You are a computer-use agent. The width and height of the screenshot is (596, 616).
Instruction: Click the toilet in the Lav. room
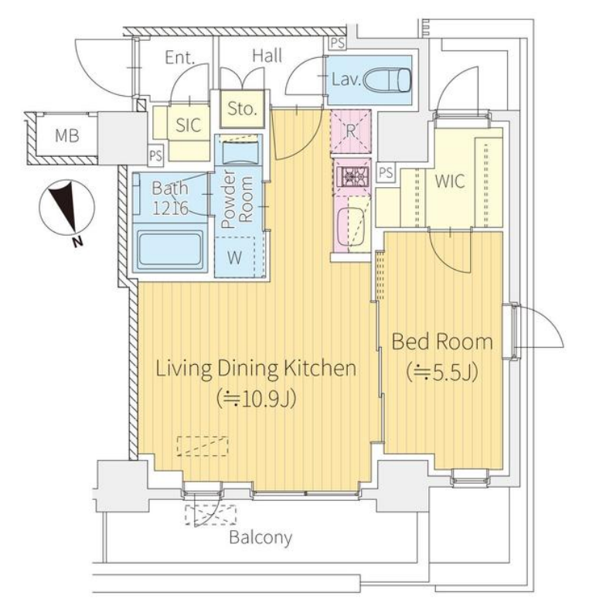coord(387,80)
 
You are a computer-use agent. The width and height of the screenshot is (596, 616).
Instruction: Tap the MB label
coord(66,135)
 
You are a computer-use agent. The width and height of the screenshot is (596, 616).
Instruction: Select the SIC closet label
coord(188,125)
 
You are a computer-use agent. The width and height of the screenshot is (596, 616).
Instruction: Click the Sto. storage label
coord(242,108)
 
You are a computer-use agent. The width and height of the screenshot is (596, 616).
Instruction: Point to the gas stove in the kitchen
coord(352,176)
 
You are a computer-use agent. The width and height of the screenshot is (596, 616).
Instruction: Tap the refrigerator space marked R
coord(351,131)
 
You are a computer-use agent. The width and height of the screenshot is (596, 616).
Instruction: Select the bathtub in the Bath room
coord(170,249)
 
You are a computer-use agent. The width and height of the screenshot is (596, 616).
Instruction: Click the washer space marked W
coord(234,257)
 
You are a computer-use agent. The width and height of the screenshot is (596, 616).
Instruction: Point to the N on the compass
coord(78,242)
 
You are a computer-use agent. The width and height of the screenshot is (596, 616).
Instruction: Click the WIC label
coord(450,181)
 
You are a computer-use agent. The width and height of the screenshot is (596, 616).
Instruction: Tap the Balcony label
coord(261,537)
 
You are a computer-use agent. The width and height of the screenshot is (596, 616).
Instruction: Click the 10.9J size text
coord(256,400)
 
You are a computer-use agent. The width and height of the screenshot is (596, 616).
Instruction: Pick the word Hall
coord(267,56)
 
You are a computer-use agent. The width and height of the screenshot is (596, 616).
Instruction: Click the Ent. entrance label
coord(180,58)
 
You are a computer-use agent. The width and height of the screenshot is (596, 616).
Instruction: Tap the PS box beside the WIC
coord(386,172)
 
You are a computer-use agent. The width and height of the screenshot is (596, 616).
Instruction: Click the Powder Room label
coord(237,199)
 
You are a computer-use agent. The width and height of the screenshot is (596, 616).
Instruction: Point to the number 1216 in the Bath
coord(170,208)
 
